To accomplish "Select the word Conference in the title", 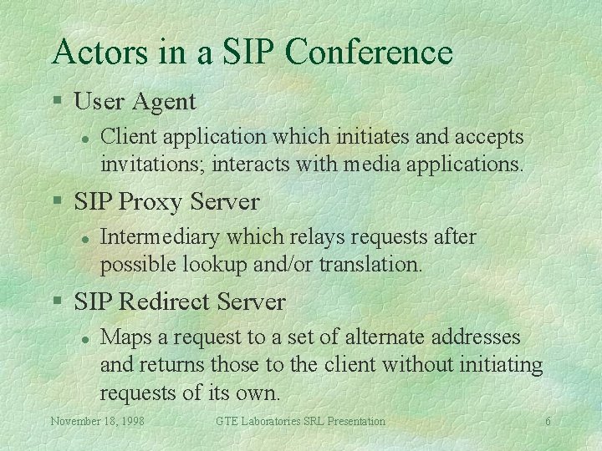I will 369,52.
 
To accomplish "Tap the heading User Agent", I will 135,102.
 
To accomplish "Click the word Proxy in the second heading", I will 153,202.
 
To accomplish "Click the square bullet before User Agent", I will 57,102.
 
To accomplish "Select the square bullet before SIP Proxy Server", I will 57,202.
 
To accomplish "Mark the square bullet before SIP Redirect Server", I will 57,302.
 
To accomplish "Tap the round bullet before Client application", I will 84,138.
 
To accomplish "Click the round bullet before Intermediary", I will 84,238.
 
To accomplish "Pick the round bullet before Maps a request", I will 84,338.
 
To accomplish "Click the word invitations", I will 152,164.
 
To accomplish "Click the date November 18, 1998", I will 97,422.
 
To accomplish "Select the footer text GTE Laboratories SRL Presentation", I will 300,422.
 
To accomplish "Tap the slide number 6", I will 548,422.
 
